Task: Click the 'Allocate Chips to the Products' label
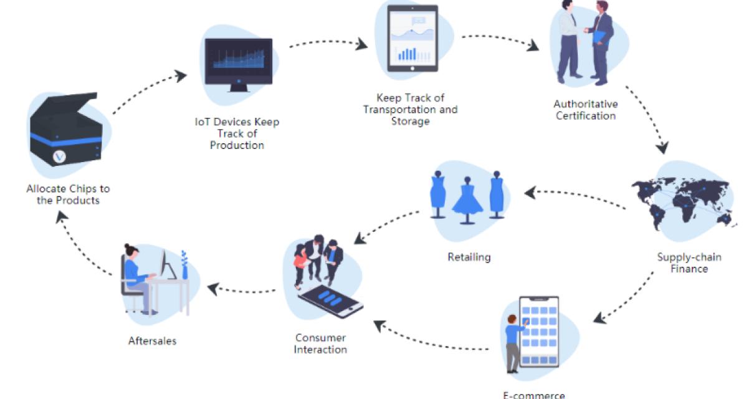[x=68, y=194]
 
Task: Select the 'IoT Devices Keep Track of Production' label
[x=237, y=133]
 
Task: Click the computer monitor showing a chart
[x=239, y=62]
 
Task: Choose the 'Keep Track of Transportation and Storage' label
[x=411, y=109]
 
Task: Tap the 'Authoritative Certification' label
[x=586, y=109]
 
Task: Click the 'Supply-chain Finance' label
[x=689, y=262]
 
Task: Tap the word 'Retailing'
[x=469, y=256]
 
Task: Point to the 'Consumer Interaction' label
[x=320, y=344]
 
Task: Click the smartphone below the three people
[x=330, y=302]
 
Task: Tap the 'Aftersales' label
[x=152, y=340]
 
